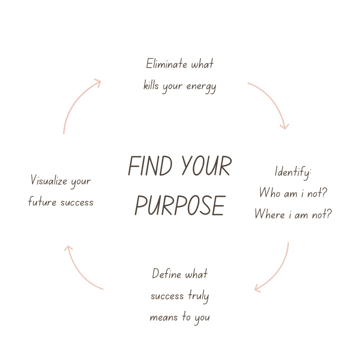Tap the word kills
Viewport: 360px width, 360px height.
click(151, 85)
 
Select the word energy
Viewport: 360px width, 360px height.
click(201, 87)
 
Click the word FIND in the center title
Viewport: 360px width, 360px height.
click(150, 166)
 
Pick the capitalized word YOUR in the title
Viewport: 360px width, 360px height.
click(207, 166)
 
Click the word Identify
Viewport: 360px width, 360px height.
click(293, 172)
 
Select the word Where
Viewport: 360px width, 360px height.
click(270, 214)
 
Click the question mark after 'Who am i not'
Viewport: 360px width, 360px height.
click(324, 192)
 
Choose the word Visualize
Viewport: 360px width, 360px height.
click(49, 180)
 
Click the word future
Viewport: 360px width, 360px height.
click(42, 201)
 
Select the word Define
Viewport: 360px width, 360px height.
click(166, 274)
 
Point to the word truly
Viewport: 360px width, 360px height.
click(198, 296)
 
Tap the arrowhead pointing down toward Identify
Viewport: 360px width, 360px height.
click(285, 126)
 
